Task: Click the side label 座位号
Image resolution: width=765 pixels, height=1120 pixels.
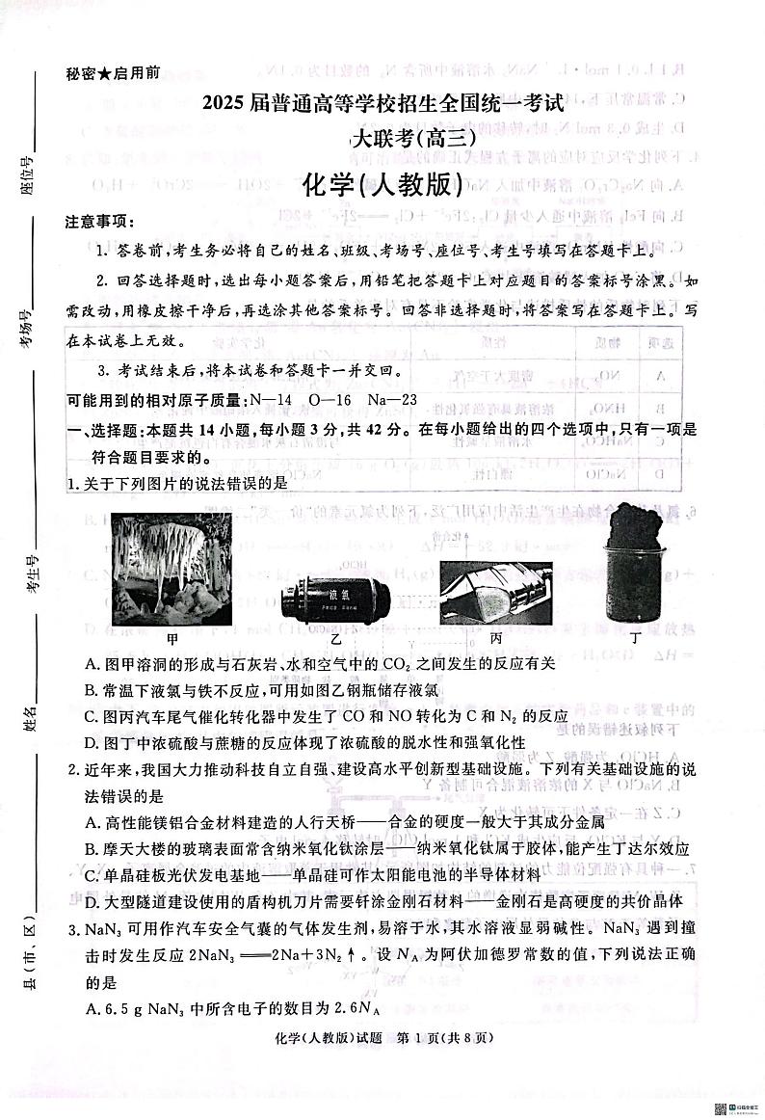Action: point(29,174)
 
